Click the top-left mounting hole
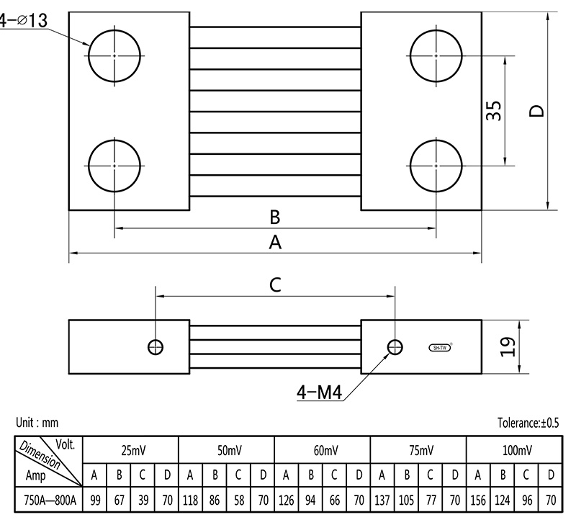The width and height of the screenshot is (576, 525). [x=115, y=55]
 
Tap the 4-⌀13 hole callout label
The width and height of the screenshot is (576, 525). [x=23, y=21]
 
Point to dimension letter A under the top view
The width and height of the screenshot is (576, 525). [x=274, y=243]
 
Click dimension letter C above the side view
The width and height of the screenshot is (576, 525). [x=275, y=285]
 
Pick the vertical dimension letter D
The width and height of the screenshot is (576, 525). [x=536, y=111]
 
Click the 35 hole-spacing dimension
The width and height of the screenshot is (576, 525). [x=494, y=111]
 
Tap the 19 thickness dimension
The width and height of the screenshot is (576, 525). [x=508, y=347]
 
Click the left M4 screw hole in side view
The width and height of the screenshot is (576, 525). [x=155, y=346]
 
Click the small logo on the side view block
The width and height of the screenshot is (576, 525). [x=439, y=347]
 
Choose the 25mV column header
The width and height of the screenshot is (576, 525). [x=131, y=450]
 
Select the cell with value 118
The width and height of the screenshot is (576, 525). [x=190, y=499]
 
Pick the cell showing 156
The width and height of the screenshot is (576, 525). [x=477, y=499]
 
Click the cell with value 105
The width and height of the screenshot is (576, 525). [x=406, y=499]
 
